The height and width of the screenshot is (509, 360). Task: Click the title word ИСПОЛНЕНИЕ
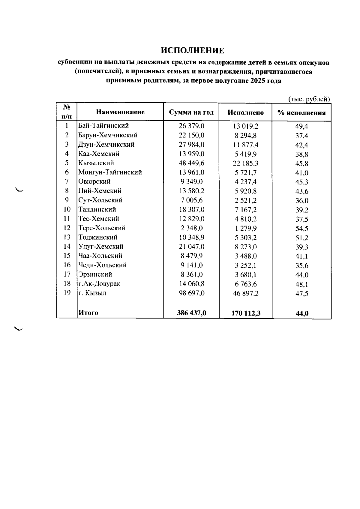pos(192,50)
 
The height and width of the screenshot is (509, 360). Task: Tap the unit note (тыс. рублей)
pos(309,99)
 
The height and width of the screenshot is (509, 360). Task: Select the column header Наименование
pos(120,112)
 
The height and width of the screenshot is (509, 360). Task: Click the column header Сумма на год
pos(191,112)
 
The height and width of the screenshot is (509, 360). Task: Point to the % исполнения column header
pos(301,113)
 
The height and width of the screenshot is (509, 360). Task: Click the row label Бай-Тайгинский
pos(103,126)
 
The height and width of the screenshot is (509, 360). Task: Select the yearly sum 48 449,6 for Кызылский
pos(192,163)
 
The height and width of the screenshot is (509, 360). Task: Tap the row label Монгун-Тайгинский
pos(110,172)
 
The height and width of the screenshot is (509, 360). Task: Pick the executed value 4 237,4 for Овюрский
pos(246,182)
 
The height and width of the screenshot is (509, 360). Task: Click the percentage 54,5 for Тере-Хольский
pos(302,229)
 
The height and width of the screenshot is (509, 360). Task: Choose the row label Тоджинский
pos(98,237)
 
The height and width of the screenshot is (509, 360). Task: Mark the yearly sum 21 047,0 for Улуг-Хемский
pos(192,247)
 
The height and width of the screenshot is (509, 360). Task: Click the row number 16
pos(67,265)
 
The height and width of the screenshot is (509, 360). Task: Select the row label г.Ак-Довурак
pos(99,284)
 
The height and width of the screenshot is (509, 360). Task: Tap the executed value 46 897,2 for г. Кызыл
pos(246,293)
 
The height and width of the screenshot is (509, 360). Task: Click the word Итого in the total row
pos(88,313)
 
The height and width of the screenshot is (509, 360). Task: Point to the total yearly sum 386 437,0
pos(192,313)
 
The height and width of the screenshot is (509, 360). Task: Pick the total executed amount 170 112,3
pos(246,313)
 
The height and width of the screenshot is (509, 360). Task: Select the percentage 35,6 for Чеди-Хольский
pos(302,266)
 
